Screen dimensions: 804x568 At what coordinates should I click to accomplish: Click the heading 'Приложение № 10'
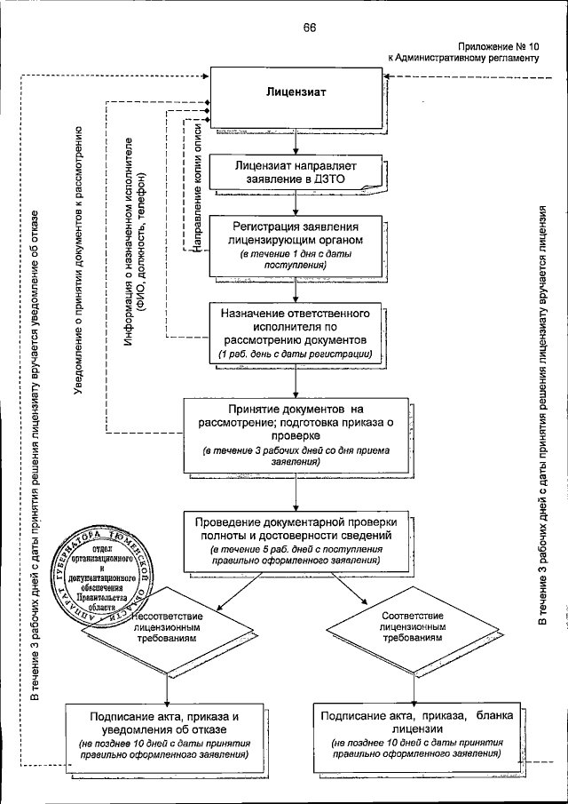(x=500, y=45)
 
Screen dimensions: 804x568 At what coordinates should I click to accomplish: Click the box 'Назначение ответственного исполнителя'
(x=294, y=333)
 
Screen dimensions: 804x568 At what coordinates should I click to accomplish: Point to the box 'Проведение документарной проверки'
(x=296, y=538)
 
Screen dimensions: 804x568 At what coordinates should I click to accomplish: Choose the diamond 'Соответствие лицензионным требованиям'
(x=411, y=626)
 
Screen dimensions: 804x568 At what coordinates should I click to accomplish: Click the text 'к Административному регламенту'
(x=464, y=57)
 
